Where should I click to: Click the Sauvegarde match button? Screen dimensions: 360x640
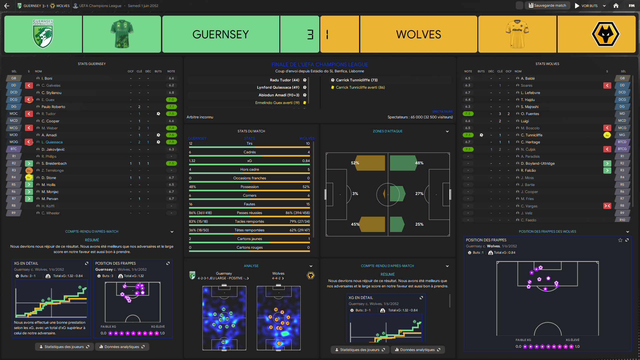(x=547, y=6)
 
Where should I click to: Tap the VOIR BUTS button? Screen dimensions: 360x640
(x=587, y=6)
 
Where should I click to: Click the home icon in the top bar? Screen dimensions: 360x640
(x=616, y=6)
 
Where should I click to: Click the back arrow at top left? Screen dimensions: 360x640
(x=7, y=6)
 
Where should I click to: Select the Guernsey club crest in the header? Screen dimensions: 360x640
(x=43, y=34)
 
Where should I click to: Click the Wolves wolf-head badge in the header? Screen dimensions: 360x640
(x=605, y=34)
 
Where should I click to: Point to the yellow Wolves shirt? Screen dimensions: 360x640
(x=517, y=34)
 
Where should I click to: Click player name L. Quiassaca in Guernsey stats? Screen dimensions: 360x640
(x=52, y=142)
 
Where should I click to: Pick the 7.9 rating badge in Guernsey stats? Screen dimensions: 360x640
(x=171, y=142)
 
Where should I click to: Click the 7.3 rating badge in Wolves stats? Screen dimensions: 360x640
(x=468, y=114)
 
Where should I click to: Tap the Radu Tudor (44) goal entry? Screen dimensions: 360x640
(x=284, y=80)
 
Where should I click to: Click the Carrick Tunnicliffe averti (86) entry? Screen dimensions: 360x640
(x=360, y=87)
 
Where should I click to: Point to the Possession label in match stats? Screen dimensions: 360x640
(x=249, y=187)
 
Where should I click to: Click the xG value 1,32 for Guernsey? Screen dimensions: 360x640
(x=192, y=161)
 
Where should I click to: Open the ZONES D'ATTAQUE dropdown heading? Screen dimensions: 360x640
(x=388, y=131)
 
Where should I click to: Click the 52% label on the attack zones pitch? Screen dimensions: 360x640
(x=355, y=163)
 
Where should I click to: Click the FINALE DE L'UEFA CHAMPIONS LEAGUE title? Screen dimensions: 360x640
(x=320, y=64)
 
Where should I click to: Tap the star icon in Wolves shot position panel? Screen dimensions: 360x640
(x=620, y=240)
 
